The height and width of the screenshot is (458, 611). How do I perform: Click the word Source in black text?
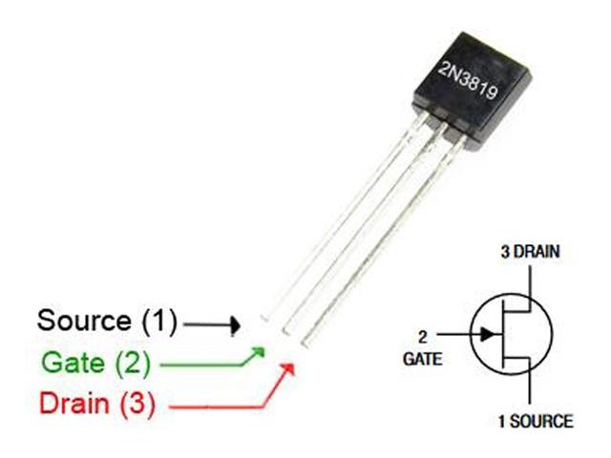coord(83,322)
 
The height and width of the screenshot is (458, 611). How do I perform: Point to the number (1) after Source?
coord(157,322)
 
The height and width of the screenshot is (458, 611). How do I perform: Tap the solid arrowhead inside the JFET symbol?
coord(488,334)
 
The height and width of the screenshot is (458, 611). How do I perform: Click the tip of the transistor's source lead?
coord(265,318)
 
